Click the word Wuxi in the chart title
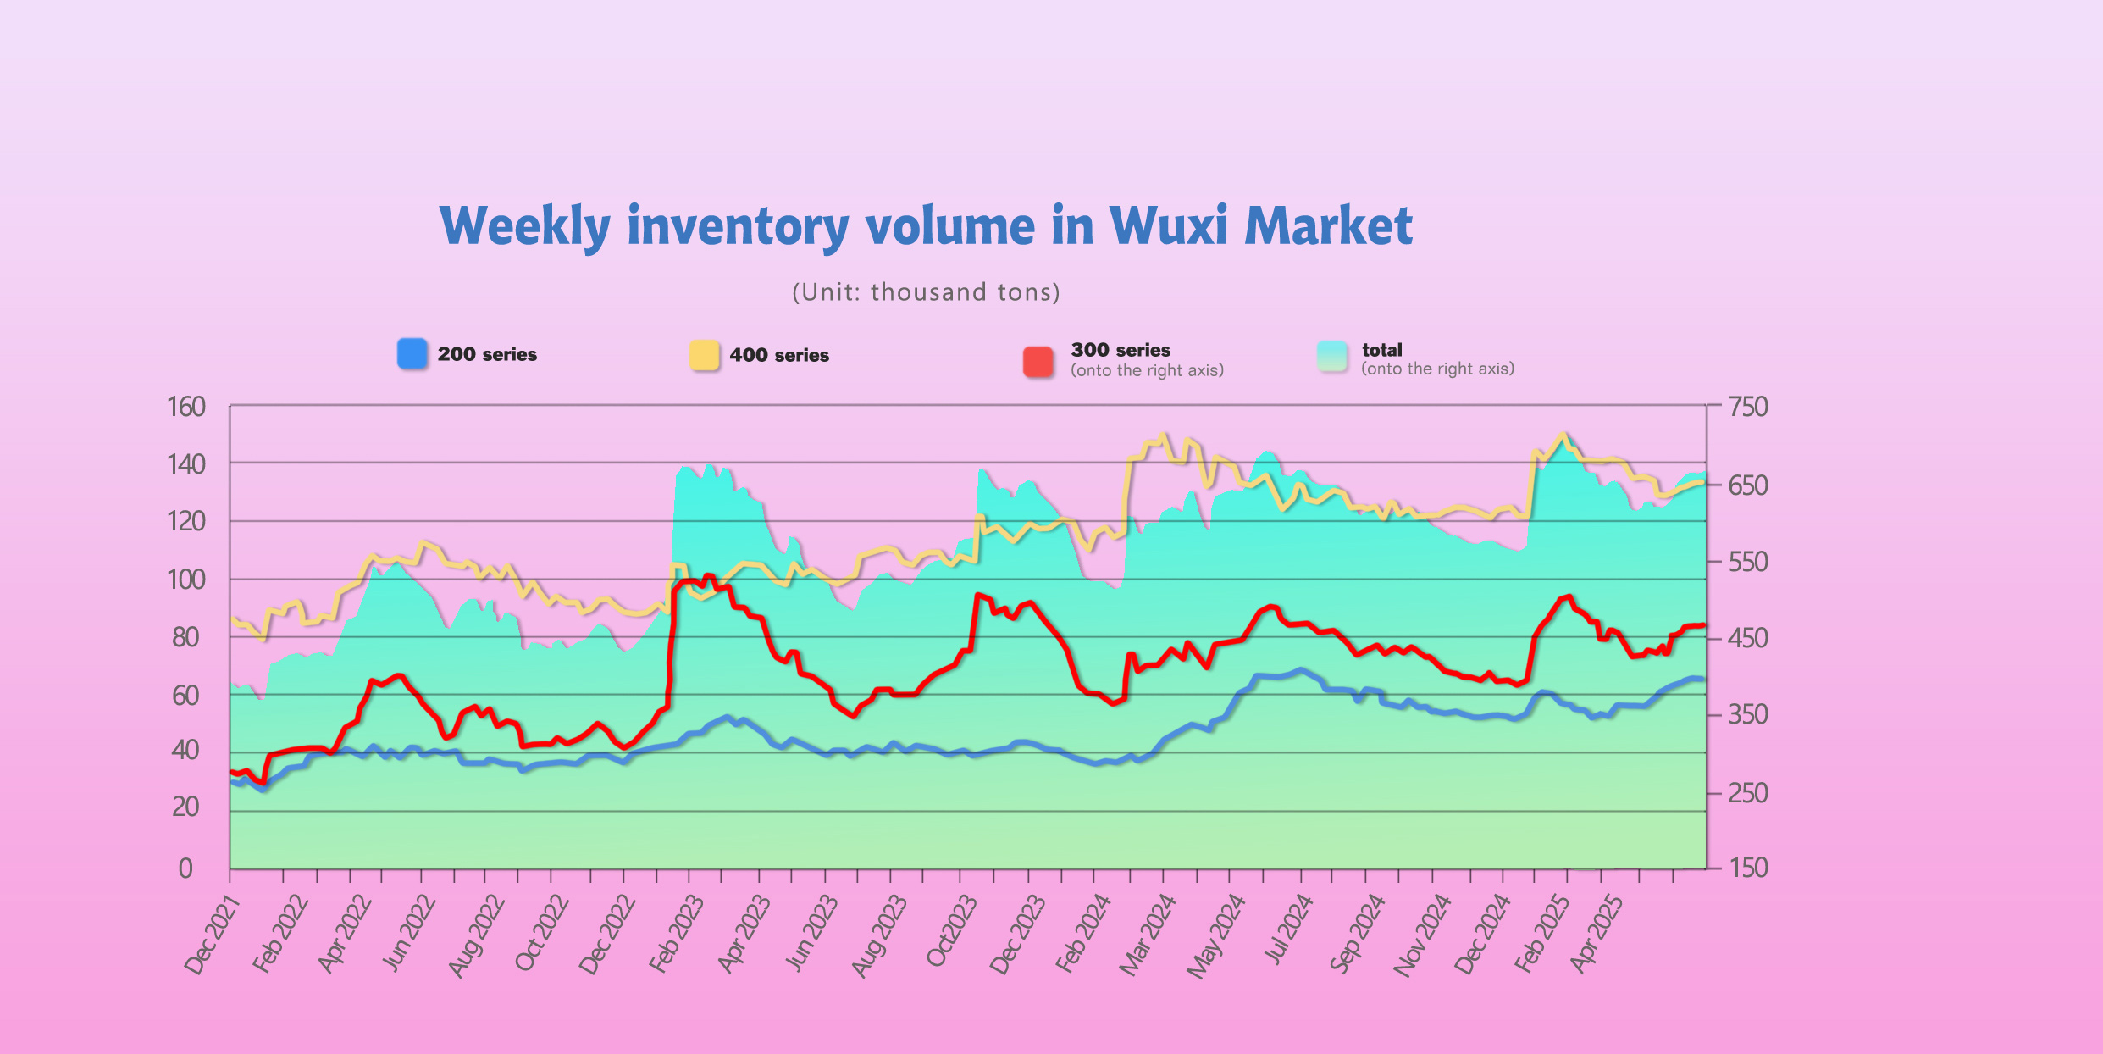[x=1168, y=226]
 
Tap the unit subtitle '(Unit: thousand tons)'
[x=926, y=292]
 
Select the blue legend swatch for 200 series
[x=412, y=354]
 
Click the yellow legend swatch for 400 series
[x=704, y=355]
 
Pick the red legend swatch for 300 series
[x=1038, y=362]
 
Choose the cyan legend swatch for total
[x=1332, y=357]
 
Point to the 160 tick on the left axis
[x=186, y=408]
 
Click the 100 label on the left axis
[x=186, y=580]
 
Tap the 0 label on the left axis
[x=185, y=868]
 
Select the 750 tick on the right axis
[x=1748, y=408]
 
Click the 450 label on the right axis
[x=1748, y=638]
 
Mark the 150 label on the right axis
[x=1748, y=868]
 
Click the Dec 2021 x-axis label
[x=213, y=935]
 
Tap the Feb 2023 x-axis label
[x=677, y=934]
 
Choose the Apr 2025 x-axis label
[x=1597, y=934]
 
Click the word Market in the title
[x=1328, y=226]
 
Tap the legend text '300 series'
[x=1120, y=350]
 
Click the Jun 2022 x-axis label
[x=409, y=934]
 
